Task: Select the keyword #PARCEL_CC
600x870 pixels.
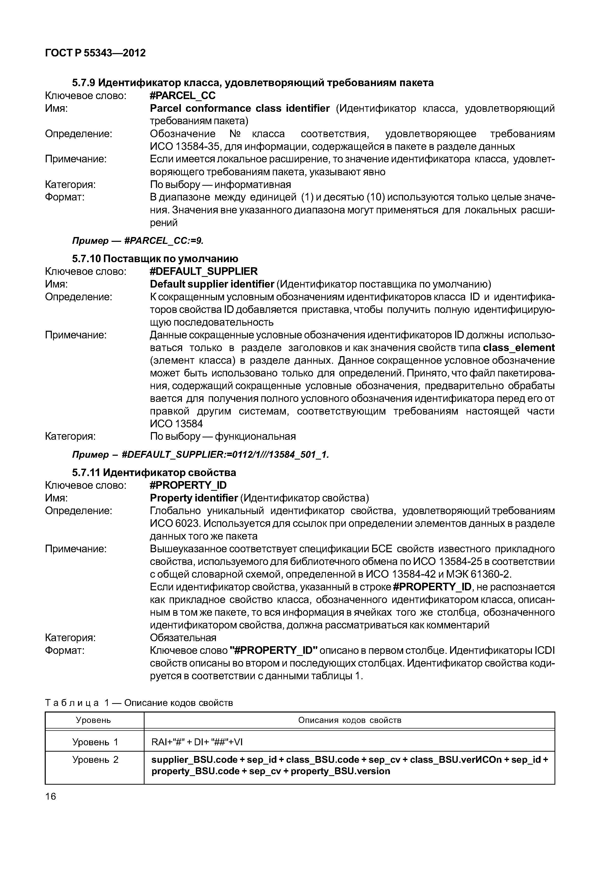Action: click(x=183, y=96)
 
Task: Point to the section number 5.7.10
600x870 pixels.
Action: click(x=86, y=259)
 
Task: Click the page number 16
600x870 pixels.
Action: click(x=50, y=796)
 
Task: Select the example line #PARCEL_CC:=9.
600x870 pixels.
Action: click(x=164, y=241)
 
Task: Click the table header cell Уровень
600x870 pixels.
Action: click(x=94, y=720)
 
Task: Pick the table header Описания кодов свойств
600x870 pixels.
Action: click(x=350, y=720)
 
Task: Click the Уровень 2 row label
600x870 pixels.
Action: click(x=95, y=760)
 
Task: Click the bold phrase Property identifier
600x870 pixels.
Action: click(x=194, y=498)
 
